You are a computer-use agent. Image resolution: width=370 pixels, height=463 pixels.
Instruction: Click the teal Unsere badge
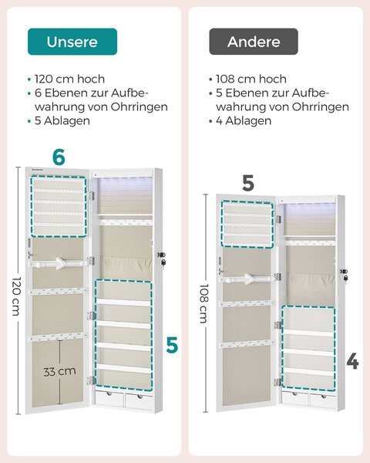(72, 42)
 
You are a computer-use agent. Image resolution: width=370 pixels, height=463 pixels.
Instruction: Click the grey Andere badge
(254, 42)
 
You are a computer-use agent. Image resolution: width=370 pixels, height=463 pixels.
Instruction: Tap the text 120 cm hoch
(69, 79)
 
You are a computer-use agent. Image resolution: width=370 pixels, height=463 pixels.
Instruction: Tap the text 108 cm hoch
(251, 79)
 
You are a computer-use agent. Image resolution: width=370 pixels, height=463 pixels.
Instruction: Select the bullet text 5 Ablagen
(62, 121)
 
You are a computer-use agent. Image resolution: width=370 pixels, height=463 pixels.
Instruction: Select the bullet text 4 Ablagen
(244, 121)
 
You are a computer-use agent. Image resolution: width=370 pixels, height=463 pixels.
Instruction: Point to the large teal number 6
(59, 157)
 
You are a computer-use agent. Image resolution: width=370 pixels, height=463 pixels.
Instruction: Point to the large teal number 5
(172, 345)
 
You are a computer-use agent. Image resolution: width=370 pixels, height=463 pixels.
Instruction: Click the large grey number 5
(248, 183)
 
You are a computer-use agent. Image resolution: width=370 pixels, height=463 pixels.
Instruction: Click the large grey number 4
(352, 361)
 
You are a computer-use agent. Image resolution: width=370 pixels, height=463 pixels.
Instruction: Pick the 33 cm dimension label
(59, 371)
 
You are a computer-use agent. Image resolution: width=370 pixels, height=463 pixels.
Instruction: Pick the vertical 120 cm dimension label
(17, 296)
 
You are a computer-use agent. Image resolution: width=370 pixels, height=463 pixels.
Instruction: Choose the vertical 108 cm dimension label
(204, 303)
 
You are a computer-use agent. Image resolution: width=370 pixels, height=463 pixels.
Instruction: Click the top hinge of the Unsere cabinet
(92, 195)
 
